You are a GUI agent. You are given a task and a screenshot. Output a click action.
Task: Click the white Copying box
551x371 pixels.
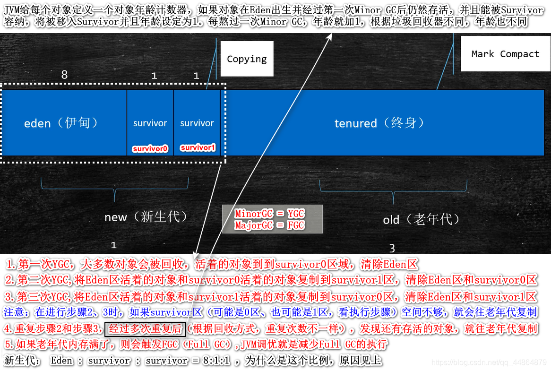point(247,59)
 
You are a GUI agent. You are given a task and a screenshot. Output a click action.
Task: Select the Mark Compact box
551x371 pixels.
point(505,54)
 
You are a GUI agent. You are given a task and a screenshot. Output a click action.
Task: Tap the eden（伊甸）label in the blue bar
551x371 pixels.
point(62,123)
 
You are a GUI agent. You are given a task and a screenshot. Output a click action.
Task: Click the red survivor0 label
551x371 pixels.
point(150,148)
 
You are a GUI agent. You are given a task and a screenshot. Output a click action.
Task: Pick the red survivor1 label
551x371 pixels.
point(198,147)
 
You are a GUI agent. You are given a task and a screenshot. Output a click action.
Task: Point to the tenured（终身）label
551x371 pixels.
point(379,123)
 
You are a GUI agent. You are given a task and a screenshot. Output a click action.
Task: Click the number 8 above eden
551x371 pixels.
point(65,75)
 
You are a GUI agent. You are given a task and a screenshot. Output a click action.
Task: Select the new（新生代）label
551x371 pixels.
point(146,217)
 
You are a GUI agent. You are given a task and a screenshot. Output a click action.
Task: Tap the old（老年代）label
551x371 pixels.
point(421,219)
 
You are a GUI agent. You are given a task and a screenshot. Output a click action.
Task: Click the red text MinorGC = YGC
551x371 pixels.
point(270,214)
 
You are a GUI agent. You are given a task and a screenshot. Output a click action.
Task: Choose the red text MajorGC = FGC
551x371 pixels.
point(270,225)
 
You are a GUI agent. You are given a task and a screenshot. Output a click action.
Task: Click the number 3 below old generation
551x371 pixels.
point(392,248)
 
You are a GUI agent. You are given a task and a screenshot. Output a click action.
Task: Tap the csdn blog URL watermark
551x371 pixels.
point(489,362)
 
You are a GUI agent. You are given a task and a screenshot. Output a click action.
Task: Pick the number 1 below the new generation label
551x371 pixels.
point(113,245)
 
